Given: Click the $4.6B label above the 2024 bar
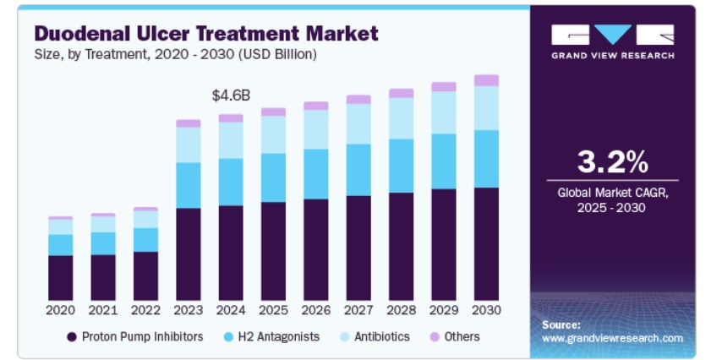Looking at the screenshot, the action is coord(231,95).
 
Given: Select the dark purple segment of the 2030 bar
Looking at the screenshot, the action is coord(486,244).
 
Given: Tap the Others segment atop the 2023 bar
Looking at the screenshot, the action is coord(189,123).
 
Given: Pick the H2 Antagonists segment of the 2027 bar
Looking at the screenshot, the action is coord(358,170).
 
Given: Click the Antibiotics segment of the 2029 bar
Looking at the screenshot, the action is coord(444,113).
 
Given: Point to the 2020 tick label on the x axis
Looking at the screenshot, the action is coord(60,310).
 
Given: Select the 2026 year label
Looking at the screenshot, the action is coord(316,310).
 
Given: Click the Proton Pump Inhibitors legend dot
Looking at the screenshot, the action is coord(72,337).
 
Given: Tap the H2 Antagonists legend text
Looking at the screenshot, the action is coord(279,337).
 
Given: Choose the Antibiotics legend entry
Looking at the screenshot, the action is coord(375,337).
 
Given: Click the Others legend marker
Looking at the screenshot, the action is coord(435,337).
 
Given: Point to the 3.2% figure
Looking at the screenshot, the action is coord(613,162).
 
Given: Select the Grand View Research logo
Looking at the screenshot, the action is coord(613,41).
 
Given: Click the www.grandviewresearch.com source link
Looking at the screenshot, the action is coord(612,338).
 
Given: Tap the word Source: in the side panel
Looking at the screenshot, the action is coord(561,325).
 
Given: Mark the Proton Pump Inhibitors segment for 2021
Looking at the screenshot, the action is coord(103,277).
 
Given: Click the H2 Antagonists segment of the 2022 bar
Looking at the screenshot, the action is coord(145,240).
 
